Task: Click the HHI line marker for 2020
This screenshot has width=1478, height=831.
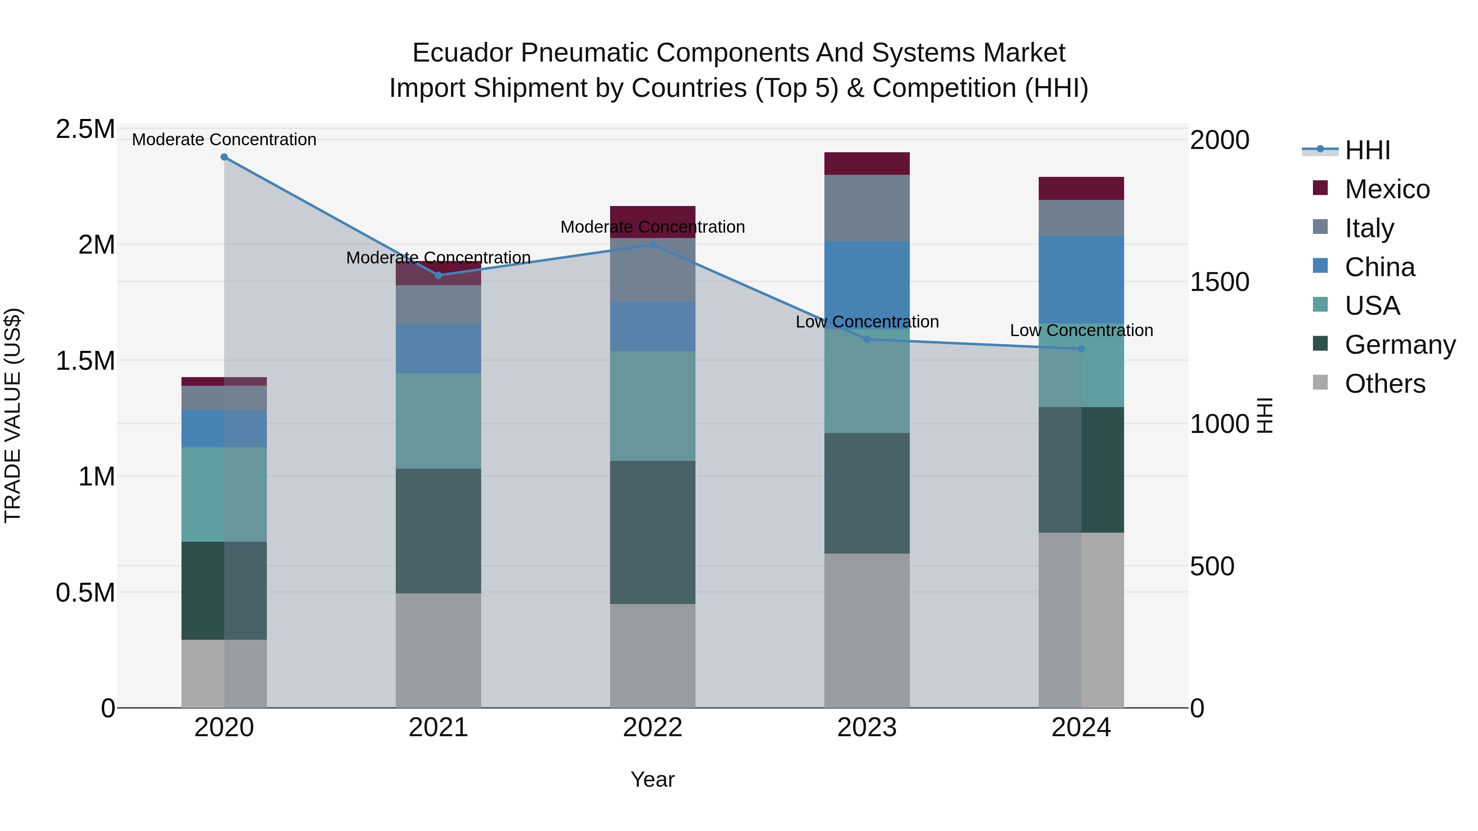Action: pyautogui.click(x=224, y=157)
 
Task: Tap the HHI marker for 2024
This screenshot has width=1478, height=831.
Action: pyautogui.click(x=1081, y=349)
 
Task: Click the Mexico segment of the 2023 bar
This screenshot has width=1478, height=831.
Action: pyautogui.click(x=867, y=163)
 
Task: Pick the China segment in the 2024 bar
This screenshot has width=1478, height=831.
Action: pyautogui.click(x=1081, y=279)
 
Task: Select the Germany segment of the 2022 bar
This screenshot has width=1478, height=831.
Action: pyautogui.click(x=652, y=532)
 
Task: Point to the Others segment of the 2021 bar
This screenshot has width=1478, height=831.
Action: pyautogui.click(x=438, y=650)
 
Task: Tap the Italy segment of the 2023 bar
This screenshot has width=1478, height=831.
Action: pyautogui.click(x=867, y=208)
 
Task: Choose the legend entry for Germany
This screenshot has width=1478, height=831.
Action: pyautogui.click(x=1400, y=345)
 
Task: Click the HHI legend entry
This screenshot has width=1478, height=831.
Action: pyautogui.click(x=1367, y=150)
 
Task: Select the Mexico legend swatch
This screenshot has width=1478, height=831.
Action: pyautogui.click(x=1320, y=188)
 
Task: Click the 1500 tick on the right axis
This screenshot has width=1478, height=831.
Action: pyautogui.click(x=1219, y=282)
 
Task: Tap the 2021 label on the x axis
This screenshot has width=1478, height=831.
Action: pyautogui.click(x=438, y=728)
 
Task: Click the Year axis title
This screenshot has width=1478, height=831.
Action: pyautogui.click(x=652, y=779)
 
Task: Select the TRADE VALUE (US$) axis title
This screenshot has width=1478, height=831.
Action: pyautogui.click(x=13, y=415)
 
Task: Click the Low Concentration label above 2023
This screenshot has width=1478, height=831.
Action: pyautogui.click(x=867, y=322)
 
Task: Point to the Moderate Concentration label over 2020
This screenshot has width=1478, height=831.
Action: pyautogui.click(x=224, y=140)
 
